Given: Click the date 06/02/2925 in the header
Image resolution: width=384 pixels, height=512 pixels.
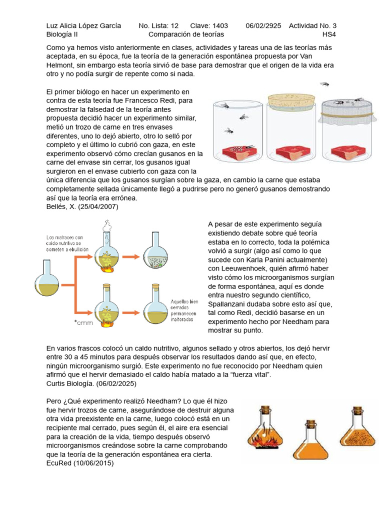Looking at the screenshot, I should coord(263,25).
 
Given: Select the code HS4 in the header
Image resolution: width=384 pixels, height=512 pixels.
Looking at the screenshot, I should coord(329,34).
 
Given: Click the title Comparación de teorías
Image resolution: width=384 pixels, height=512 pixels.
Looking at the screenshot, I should coord(186,34).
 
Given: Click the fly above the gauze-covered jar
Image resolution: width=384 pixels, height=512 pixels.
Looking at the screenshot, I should coord(325,83).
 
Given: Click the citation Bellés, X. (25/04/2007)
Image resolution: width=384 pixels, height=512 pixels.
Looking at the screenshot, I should coord(82,206).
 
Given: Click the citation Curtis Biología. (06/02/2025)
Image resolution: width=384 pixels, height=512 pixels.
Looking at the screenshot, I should coord(90,383).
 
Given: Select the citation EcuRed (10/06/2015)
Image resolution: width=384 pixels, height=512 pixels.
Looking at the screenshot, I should coord(79,463).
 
